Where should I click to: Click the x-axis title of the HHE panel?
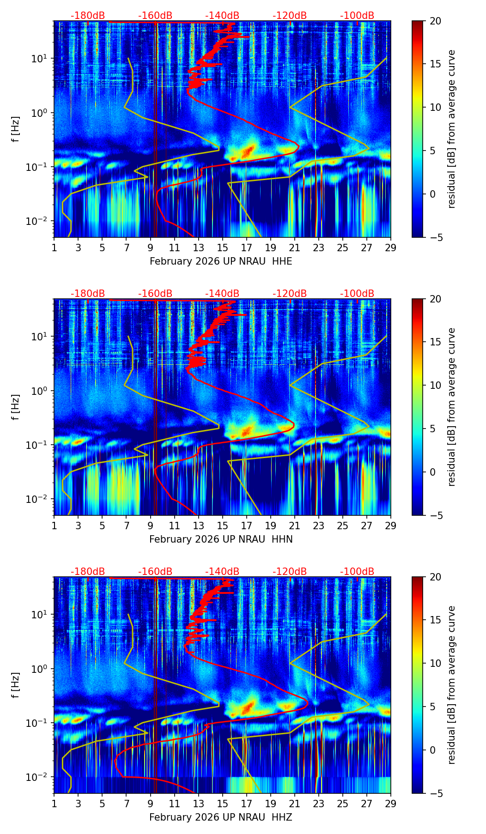(221, 261)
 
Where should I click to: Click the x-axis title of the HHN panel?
(221, 539)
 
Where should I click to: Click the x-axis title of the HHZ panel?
(221, 817)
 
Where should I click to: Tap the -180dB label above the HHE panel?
(88, 16)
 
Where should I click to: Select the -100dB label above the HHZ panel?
(357, 572)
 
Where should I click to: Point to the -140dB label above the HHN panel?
(222, 294)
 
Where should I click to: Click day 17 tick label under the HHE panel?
(247, 248)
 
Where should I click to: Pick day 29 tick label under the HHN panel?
(391, 526)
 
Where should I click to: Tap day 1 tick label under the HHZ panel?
(54, 804)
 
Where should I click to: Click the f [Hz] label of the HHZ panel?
(15, 685)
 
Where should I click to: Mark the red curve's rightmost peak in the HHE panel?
(299, 146)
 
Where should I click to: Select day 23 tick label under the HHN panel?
(319, 526)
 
